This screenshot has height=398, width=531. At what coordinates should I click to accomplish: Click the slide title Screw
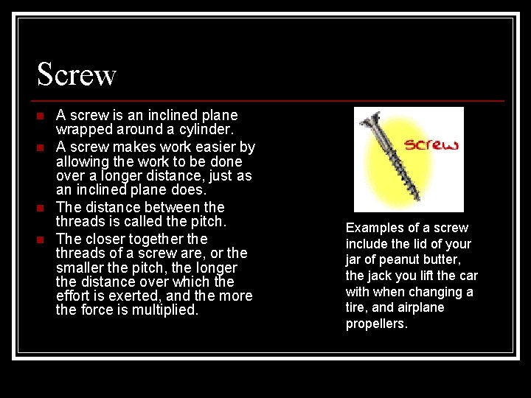coord(77,74)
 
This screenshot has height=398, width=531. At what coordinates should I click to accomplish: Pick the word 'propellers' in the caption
coord(377,324)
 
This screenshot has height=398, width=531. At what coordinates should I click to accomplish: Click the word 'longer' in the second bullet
coord(125,175)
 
